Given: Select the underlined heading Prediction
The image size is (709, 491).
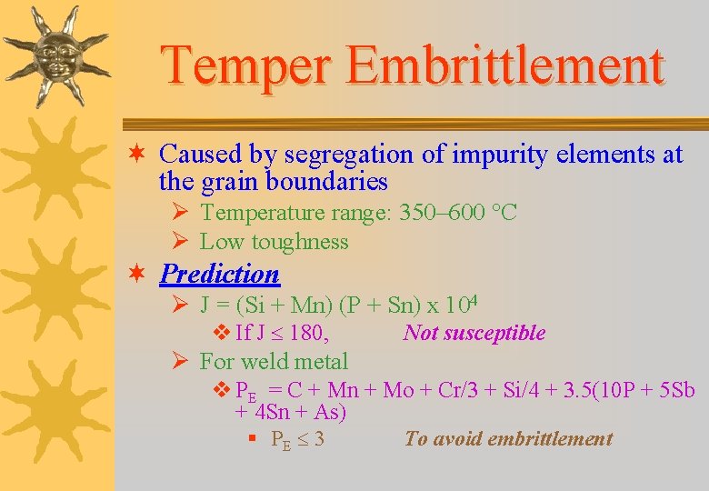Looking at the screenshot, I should pyautogui.click(x=219, y=274).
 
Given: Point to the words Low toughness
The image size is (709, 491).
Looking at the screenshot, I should pyautogui.click(x=274, y=242).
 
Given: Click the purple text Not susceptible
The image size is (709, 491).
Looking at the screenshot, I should pyautogui.click(x=474, y=333).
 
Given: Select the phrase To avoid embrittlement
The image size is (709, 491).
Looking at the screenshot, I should pyautogui.click(x=508, y=439).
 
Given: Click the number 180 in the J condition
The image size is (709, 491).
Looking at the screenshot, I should pyautogui.click(x=307, y=333).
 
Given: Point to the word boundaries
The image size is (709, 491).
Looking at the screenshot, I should pyautogui.click(x=326, y=182).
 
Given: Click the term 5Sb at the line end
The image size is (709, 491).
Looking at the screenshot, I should pyautogui.click(x=675, y=391).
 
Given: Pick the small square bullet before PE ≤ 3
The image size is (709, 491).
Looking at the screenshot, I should pyautogui.click(x=251, y=439).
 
